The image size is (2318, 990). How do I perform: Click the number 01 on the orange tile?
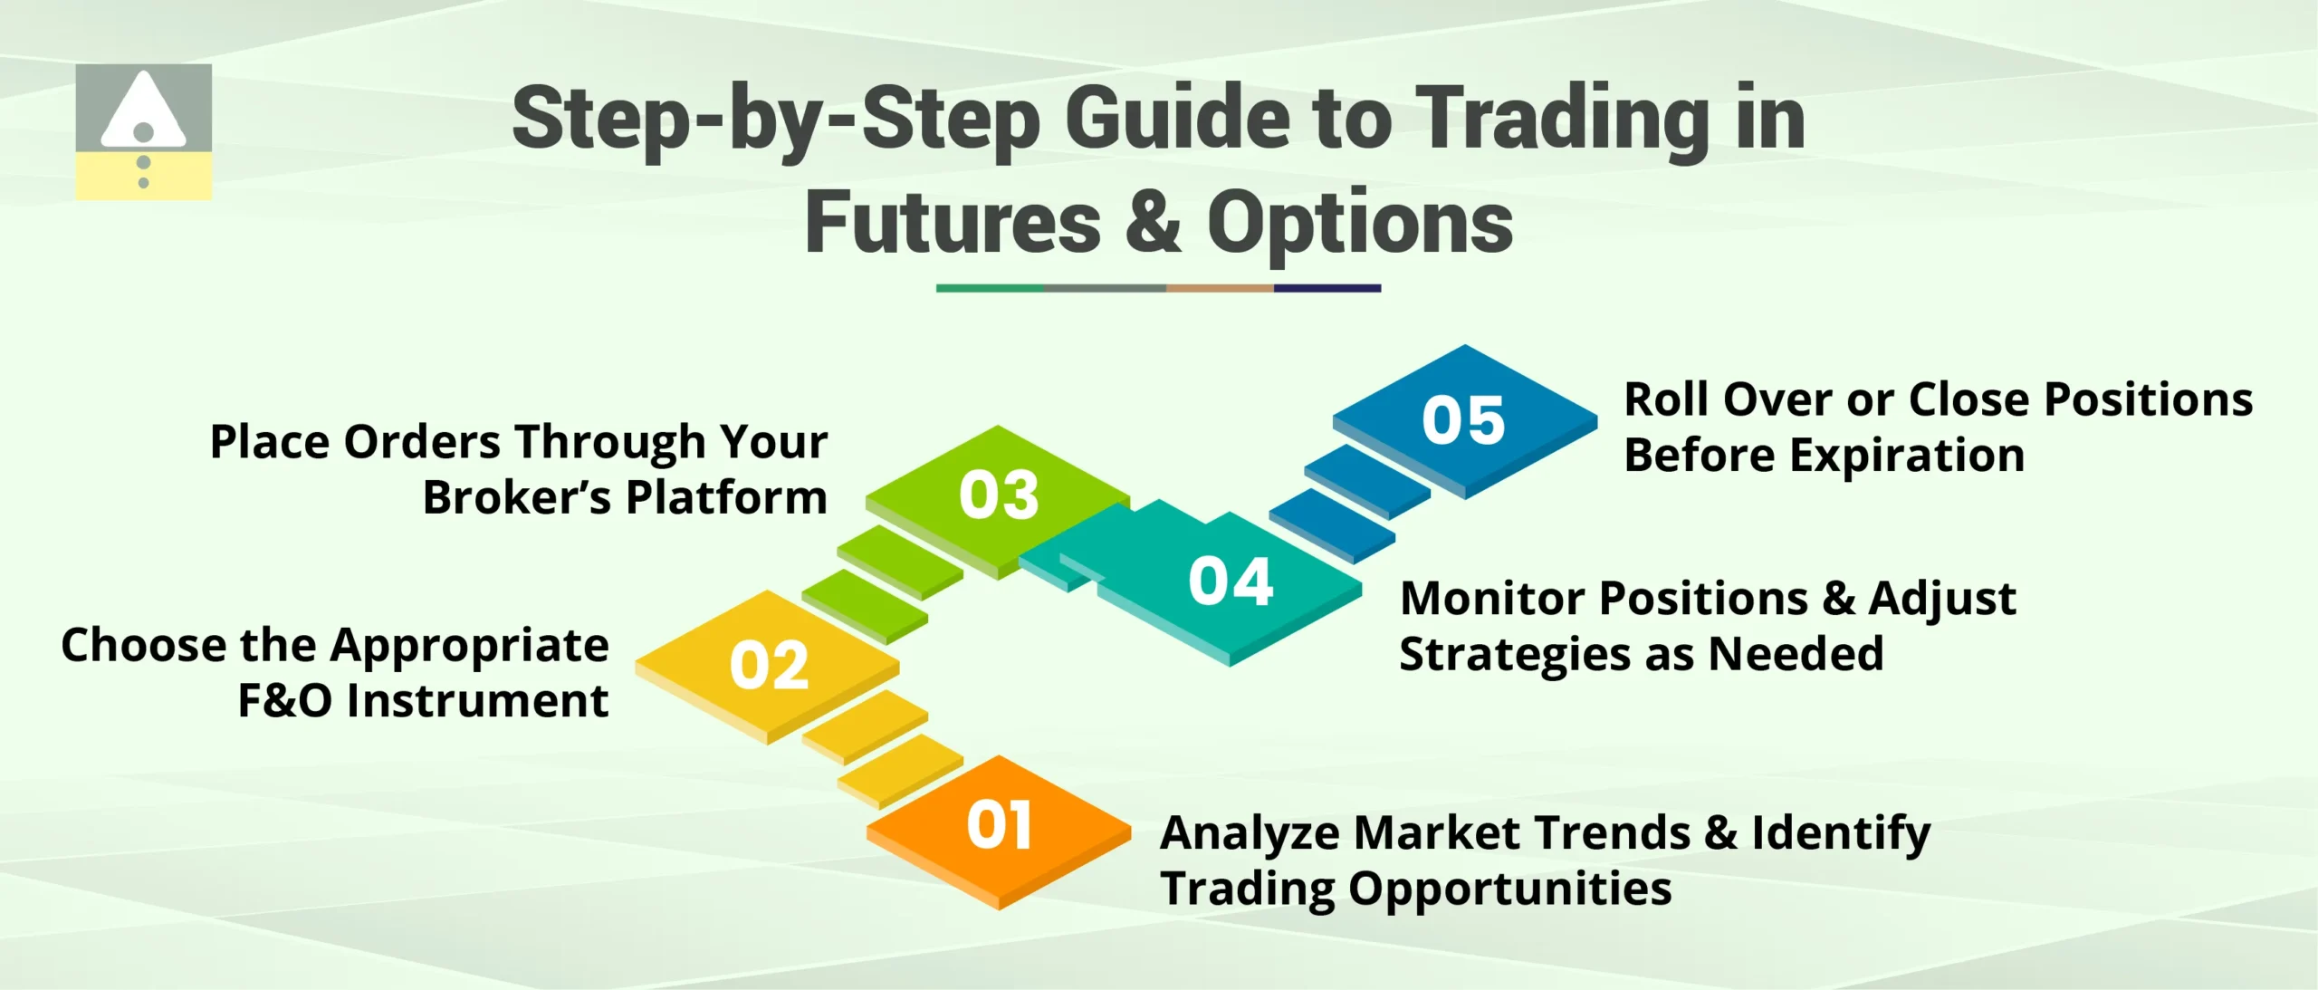pos(999,825)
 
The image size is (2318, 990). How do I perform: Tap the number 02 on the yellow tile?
pos(769,666)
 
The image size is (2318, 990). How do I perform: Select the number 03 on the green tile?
pos(999,495)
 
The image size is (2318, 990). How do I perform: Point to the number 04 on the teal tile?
pos(1231,581)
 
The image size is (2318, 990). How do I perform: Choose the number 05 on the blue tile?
pos(1463,420)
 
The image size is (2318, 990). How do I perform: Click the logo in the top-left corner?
pos(143,132)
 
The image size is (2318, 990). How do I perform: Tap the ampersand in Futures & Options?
pos(1153,223)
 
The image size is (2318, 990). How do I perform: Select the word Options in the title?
pos(1359,223)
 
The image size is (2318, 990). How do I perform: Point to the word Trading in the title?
pos(1562,119)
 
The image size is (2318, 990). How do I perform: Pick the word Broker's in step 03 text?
pos(517,497)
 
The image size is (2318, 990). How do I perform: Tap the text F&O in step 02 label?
pos(284,700)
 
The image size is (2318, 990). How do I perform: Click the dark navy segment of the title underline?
pos(1327,288)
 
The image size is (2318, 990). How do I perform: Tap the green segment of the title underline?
pos(989,288)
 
